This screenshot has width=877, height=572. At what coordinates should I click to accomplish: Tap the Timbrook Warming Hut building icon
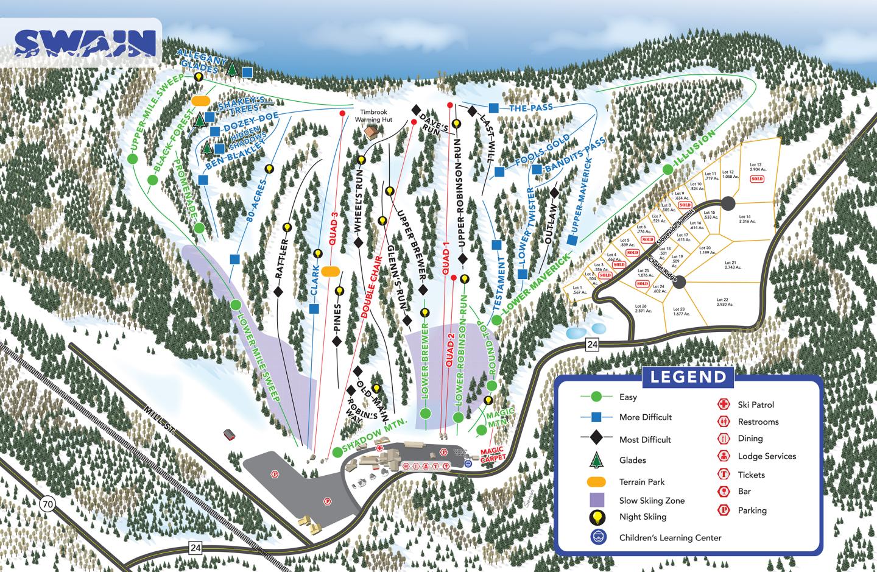370,131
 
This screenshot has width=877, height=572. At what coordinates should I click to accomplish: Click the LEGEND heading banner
688,376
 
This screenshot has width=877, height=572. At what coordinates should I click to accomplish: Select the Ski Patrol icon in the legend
724,404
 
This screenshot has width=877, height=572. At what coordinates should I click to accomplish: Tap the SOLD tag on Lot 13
757,179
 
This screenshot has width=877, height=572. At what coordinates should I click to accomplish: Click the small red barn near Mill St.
230,434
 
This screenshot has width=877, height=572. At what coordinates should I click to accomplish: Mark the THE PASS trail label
530,108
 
